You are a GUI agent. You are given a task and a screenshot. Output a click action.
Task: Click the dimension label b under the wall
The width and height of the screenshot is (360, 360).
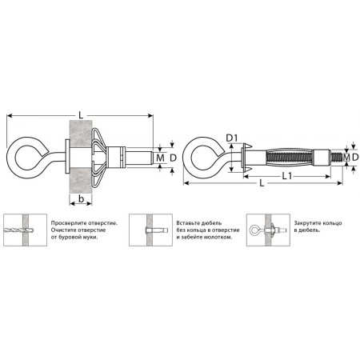(82, 199)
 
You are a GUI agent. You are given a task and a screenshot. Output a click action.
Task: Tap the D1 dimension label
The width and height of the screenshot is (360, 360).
(232, 138)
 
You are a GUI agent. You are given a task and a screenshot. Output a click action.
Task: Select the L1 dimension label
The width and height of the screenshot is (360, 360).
(287, 176)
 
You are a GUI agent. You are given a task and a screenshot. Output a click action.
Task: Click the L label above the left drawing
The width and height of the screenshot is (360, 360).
(81, 115)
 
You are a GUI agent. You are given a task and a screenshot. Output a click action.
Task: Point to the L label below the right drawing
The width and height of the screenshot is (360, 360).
(262, 183)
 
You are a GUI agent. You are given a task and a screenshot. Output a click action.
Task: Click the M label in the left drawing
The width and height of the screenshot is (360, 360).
(160, 158)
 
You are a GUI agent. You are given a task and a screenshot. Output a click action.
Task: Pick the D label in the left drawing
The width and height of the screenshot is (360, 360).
(174, 158)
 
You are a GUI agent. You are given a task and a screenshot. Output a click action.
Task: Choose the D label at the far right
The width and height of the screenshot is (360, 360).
(355, 158)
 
